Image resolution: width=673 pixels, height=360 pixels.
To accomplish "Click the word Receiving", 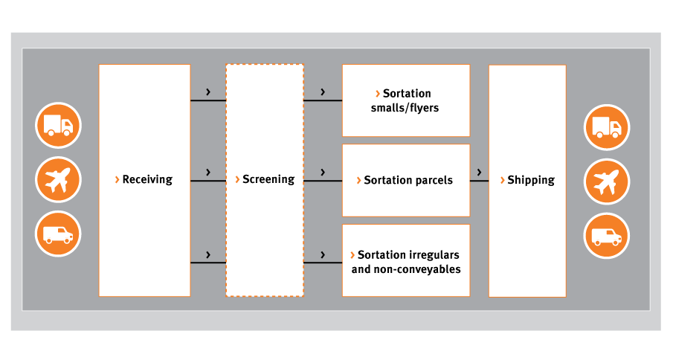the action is [x=147, y=179].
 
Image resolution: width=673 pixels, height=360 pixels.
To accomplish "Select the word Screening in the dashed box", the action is [x=268, y=179].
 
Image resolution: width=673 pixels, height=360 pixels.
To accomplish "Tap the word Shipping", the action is [x=531, y=180].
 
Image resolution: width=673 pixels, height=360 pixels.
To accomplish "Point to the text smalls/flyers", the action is [x=405, y=108].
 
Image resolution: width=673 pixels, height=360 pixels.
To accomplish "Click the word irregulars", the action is [x=434, y=255].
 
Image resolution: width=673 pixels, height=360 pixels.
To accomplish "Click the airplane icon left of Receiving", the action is [x=58, y=180].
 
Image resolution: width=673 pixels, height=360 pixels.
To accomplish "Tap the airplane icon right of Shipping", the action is [x=607, y=181].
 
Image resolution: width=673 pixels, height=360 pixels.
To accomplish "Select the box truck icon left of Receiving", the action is [x=58, y=125].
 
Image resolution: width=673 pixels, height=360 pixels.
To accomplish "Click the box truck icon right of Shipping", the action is [x=607, y=127].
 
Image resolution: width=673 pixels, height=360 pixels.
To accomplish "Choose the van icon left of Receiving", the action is [x=58, y=234].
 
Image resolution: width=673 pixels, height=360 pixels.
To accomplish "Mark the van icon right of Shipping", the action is [x=607, y=236].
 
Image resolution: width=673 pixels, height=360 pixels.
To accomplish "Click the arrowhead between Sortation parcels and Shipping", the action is [x=479, y=172].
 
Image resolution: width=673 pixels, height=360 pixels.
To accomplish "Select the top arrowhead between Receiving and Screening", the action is [x=208, y=91].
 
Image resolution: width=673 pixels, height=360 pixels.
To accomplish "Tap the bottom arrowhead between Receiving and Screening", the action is [x=208, y=255].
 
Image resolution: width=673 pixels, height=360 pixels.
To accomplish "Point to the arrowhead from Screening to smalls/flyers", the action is [x=323, y=91].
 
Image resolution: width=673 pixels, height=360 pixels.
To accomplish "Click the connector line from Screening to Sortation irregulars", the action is [x=323, y=262].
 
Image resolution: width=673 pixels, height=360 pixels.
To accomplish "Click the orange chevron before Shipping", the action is [x=502, y=180].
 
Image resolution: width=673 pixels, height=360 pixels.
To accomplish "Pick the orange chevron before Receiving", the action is [x=117, y=179].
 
